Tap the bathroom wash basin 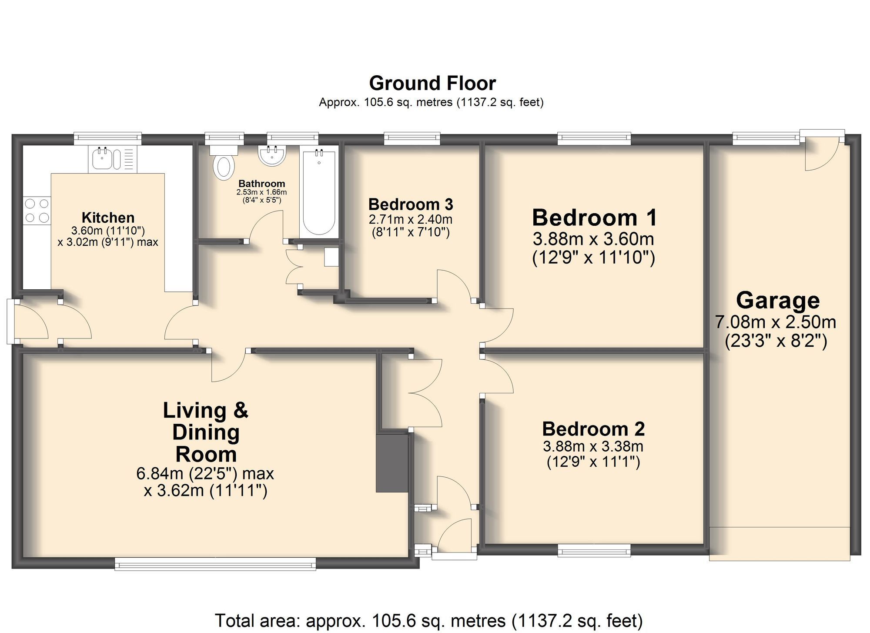click(272, 156)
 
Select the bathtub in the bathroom click(319, 192)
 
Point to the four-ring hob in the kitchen click(37, 211)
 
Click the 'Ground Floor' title click(432, 83)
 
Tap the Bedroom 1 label click(594, 218)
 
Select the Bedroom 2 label click(593, 429)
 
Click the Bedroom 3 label click(411, 204)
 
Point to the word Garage click(778, 301)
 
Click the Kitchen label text click(108, 218)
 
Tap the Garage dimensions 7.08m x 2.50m click(776, 322)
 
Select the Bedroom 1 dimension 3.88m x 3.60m click(593, 239)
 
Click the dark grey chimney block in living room click(392, 463)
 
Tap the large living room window click(215, 564)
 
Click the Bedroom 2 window click(594, 551)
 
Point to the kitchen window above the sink click(107, 138)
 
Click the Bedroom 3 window click(412, 138)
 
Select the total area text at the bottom click(429, 620)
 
